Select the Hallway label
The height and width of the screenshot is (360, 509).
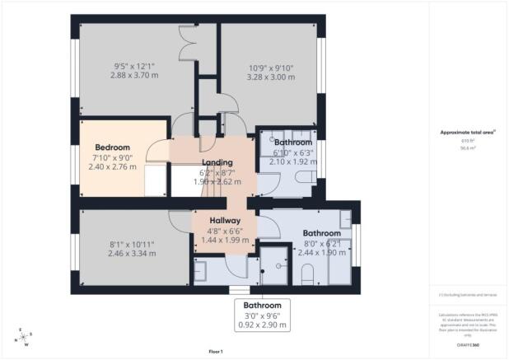click(x=224, y=221)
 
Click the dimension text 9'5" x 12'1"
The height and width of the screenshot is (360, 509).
click(x=133, y=65)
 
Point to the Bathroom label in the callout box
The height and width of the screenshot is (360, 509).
click(x=263, y=305)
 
